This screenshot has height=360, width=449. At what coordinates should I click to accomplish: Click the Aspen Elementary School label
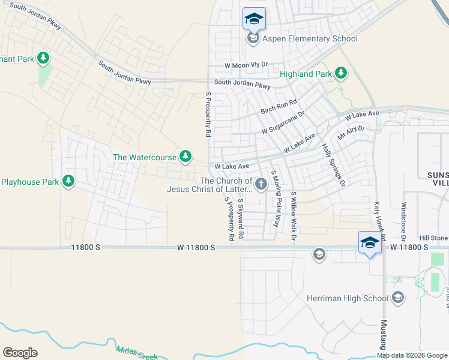coord(310,39)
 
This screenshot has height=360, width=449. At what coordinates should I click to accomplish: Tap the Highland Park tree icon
coord(341,73)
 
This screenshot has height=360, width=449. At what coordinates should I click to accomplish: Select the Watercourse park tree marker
coord(186,157)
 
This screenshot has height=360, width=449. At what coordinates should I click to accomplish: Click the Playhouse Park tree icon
coord(68,181)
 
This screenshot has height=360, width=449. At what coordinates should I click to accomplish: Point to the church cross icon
coord(261,184)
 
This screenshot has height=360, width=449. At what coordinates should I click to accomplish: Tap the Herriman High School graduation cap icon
coord(397,298)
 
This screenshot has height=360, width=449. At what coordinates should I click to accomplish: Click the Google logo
coord(20,353)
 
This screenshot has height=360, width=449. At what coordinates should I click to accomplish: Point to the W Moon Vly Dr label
coord(246,65)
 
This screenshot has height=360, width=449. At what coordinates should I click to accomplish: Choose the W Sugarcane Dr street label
coord(283,122)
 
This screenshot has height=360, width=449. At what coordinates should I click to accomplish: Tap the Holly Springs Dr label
coord(334,163)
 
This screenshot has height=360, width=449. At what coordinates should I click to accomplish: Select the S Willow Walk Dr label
coord(294,217)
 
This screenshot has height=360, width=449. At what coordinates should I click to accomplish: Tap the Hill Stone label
coord(433,238)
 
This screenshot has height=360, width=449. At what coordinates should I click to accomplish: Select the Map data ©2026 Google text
coord(412,355)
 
